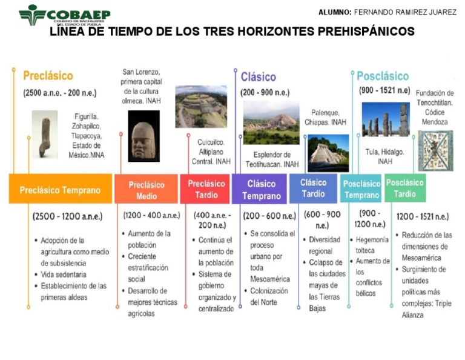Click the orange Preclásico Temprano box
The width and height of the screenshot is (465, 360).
[x=60, y=189]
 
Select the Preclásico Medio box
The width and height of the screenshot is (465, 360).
[x=146, y=190]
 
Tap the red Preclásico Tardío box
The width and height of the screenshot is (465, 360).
[x=205, y=188]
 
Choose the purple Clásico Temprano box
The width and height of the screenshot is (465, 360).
[x=261, y=189]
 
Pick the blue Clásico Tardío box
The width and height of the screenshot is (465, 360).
[x=313, y=188]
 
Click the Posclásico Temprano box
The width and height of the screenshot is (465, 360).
[x=361, y=189]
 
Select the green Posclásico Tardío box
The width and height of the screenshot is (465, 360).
[x=404, y=188]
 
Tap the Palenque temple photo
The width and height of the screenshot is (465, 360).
[x=328, y=153]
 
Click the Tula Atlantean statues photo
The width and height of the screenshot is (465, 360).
[x=385, y=119]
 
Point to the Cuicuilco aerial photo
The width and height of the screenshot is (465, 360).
[x=201, y=107]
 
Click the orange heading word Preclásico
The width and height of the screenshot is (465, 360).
[x=48, y=76]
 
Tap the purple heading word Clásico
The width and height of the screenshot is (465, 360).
[x=259, y=77]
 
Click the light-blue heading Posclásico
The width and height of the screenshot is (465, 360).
[x=382, y=76]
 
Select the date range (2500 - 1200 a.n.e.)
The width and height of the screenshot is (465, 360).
[x=67, y=216]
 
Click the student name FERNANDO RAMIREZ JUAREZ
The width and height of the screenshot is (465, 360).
[x=405, y=12]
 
